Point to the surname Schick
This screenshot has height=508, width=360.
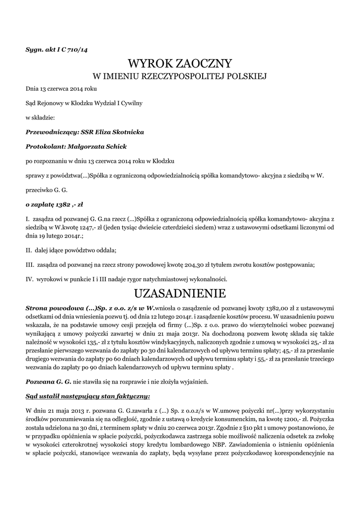[115, 146]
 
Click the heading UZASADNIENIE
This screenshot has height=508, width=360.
[180, 292]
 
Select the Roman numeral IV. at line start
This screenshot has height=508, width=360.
[29, 279]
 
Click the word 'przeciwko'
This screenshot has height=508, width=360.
[39, 190]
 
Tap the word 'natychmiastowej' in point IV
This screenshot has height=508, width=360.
[159, 279]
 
